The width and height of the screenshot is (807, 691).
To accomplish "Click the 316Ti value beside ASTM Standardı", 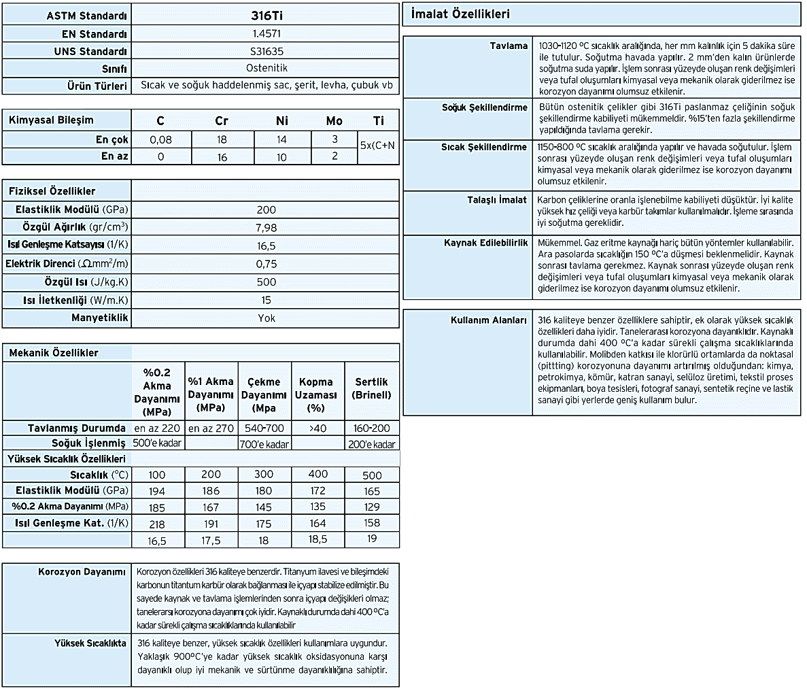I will [266, 15].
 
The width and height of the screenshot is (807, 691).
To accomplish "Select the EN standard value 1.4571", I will [266, 33].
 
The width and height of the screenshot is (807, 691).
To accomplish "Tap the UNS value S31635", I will [266, 51].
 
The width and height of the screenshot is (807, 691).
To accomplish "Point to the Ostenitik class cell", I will [266, 69].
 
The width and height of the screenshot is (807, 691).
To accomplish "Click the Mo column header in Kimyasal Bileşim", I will [334, 121].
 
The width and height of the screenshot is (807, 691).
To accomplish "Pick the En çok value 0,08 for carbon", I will [160, 139].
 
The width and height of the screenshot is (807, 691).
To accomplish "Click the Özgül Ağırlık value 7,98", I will [266, 227].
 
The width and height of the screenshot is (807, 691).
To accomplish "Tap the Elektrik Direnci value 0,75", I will [266, 263].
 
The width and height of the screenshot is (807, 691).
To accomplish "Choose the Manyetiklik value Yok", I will [266, 318].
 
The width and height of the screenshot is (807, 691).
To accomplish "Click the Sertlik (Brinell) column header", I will [372, 389].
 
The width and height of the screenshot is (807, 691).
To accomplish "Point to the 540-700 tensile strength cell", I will [264, 428].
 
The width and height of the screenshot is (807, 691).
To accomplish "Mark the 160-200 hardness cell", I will [372, 428].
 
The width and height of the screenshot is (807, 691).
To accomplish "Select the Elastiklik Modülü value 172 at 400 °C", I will [317, 490].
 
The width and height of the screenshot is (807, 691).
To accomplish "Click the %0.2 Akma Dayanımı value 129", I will [372, 507].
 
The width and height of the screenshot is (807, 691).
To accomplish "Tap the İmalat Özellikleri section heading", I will [461, 14].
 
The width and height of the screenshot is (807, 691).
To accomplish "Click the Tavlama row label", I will [509, 46].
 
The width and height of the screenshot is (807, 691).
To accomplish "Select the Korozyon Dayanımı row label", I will [82, 572].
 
